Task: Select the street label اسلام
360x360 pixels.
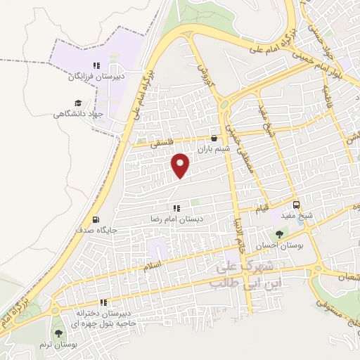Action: (x=152, y=266)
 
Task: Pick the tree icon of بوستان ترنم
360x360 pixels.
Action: (x=58, y=333)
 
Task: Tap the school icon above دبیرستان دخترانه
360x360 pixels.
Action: (x=103, y=302)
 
